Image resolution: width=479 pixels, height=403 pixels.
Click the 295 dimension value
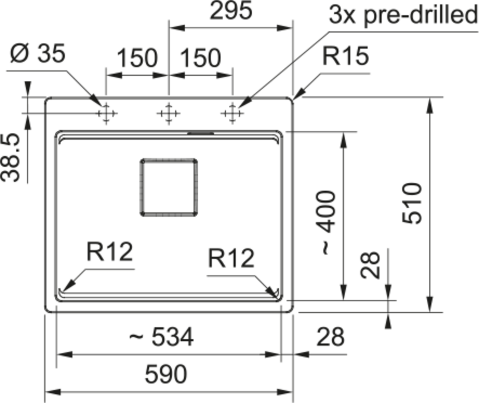(x=231, y=10)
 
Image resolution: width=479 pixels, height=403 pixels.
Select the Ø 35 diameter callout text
(x=38, y=53)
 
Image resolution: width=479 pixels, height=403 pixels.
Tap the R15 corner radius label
(x=346, y=56)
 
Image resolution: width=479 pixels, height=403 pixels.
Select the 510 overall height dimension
(x=412, y=203)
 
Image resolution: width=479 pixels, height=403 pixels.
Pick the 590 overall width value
(x=166, y=374)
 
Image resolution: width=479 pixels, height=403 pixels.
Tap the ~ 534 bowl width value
(x=162, y=337)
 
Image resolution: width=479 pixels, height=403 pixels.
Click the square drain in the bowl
(x=169, y=187)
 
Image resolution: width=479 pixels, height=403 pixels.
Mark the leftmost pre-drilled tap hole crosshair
(x=106, y=113)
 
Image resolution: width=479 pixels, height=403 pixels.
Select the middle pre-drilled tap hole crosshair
(x=169, y=113)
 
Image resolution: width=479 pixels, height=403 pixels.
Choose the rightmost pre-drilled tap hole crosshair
(x=232, y=113)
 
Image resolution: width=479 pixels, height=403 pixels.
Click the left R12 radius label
(x=110, y=252)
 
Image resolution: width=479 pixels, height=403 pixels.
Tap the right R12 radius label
(x=231, y=259)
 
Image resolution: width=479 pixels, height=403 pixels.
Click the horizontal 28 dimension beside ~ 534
(x=331, y=337)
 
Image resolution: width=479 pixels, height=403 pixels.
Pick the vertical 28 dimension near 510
(x=370, y=265)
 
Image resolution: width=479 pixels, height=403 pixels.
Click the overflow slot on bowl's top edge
(x=201, y=133)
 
